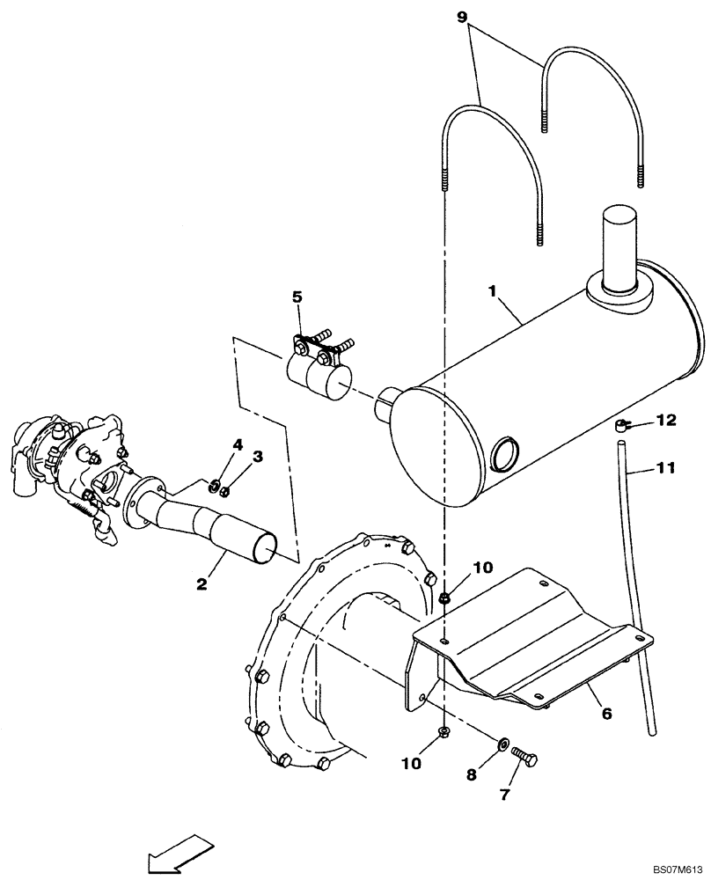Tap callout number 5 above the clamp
pyautogui.click(x=297, y=298)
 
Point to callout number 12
pyautogui.click(x=666, y=421)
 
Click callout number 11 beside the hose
pyautogui.click(x=665, y=468)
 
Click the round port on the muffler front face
pyautogui.click(x=504, y=455)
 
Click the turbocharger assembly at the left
pyautogui.click(x=66, y=466)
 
